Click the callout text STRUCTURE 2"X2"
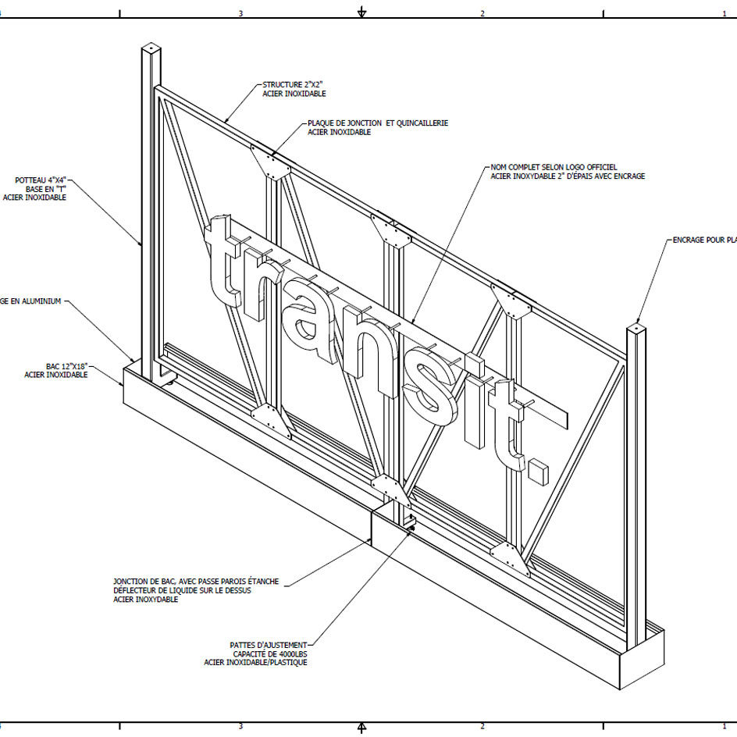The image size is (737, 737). (293, 84)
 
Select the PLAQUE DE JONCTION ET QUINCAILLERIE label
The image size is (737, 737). (378, 123)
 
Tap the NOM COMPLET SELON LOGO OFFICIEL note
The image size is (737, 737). (554, 167)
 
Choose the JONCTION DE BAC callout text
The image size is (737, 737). (195, 582)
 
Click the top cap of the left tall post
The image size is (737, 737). (151, 49)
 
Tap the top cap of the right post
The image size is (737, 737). (637, 327)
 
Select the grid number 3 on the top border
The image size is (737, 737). (240, 13)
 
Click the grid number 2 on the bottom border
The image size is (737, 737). (482, 727)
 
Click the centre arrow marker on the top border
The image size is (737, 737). (361, 12)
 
